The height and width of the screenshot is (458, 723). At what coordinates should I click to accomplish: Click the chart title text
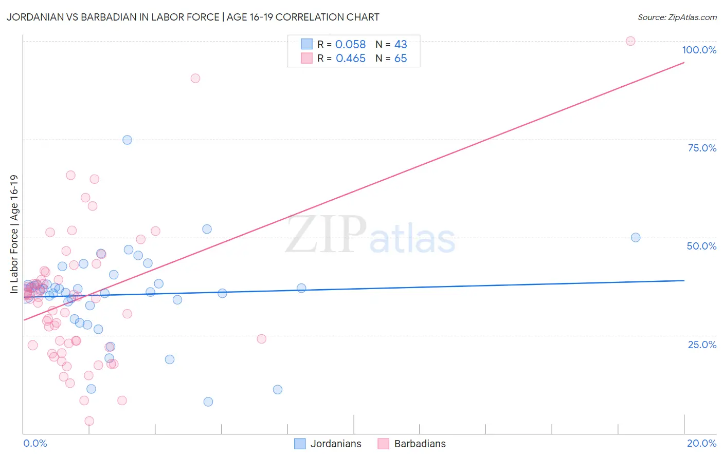(193, 17)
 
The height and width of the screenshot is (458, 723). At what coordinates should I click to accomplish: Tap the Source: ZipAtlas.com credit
(677, 17)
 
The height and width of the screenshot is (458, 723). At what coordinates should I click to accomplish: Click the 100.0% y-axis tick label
(699, 50)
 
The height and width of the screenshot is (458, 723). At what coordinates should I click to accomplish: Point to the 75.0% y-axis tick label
(702, 148)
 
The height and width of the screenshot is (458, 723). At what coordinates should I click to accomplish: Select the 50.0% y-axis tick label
(701, 246)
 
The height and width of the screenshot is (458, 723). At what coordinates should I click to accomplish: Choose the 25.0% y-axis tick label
(702, 345)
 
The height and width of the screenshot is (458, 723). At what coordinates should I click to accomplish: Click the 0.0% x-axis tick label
(35, 443)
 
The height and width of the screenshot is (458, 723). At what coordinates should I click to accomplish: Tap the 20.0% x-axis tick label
(701, 443)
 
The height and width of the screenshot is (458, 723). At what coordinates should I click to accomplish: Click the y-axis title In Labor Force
(14, 234)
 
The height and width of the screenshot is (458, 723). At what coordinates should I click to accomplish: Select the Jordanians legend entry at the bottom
(328, 444)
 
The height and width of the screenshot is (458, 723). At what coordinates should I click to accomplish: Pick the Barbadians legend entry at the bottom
(412, 444)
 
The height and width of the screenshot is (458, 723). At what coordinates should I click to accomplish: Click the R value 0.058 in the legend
(350, 45)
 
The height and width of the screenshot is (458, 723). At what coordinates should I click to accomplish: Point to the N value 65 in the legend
(401, 59)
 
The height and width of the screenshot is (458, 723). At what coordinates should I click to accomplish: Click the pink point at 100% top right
(630, 41)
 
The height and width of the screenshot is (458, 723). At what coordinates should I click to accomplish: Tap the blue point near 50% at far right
(636, 237)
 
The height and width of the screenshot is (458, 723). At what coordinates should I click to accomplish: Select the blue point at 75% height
(127, 140)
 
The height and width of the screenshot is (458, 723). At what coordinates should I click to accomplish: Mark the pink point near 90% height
(195, 78)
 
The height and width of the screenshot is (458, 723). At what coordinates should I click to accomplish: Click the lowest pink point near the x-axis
(89, 421)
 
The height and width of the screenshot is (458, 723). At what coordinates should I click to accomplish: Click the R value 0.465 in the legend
(350, 59)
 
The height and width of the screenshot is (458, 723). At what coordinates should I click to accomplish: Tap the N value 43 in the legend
(401, 45)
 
